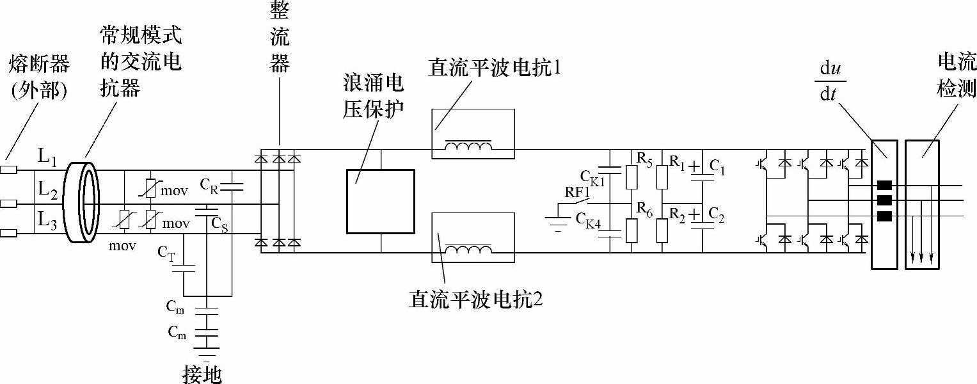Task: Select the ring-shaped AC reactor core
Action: (85, 200)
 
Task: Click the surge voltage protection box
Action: (380, 200)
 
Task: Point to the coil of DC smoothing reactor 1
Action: (469, 148)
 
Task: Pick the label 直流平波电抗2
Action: (475, 300)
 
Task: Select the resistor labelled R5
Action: (631, 177)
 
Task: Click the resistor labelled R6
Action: (631, 230)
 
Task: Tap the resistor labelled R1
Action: (662, 177)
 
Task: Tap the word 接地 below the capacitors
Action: (202, 374)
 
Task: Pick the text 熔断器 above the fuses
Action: (39, 65)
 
